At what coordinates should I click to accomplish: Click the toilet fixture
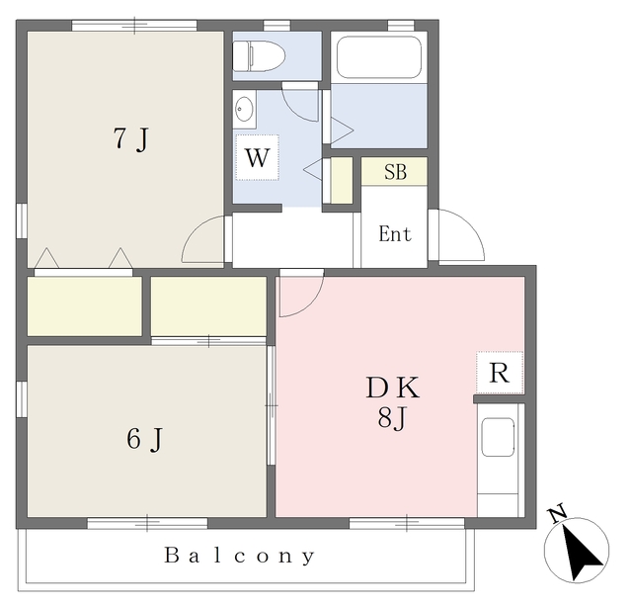coord(259,55)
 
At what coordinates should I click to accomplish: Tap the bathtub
coord(378,57)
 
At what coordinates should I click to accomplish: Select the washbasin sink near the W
coord(244,109)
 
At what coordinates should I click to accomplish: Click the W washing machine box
coord(257,157)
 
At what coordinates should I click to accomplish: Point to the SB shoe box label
coord(395,172)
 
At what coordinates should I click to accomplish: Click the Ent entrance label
coord(395,233)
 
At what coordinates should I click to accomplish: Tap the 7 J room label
coord(131,138)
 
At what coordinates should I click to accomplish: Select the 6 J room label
coord(144,439)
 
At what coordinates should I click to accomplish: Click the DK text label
coord(393,388)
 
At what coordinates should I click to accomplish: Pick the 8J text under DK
coord(391,418)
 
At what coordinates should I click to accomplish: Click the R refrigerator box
coord(500,373)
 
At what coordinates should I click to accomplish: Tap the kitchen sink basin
coord(498,438)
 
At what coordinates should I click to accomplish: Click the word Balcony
coord(239,556)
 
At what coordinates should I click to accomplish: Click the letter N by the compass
coord(557,515)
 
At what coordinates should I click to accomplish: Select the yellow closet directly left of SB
coord(342,180)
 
